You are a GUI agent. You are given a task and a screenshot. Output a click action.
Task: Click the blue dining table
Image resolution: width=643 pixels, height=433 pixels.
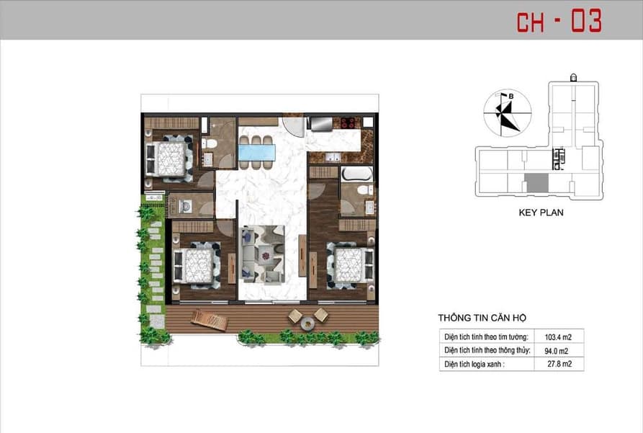click(x=257, y=152)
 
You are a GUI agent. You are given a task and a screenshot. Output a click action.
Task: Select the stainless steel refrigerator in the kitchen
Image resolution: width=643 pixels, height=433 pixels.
click(x=321, y=124)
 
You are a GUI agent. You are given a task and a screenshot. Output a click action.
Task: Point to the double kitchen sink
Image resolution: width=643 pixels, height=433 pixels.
click(x=332, y=157)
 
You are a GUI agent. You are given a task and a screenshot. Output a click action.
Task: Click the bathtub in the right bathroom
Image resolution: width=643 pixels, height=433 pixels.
click(x=356, y=174)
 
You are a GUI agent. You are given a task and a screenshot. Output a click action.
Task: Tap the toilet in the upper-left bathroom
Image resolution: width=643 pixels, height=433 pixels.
click(x=210, y=144)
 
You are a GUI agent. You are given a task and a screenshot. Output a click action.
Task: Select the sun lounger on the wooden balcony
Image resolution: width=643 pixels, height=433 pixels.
click(x=210, y=319)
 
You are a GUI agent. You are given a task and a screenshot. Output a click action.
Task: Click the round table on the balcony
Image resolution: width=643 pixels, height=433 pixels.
click(x=307, y=323)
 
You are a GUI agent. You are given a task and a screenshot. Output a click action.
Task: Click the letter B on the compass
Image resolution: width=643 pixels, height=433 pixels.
click(x=511, y=96)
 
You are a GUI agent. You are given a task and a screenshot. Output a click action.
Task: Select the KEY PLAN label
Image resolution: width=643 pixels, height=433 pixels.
click(x=541, y=213)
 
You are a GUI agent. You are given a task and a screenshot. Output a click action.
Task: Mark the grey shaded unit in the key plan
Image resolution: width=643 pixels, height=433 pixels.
click(x=536, y=183)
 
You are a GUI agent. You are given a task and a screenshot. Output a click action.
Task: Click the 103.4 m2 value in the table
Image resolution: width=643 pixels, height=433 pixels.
click(x=558, y=337)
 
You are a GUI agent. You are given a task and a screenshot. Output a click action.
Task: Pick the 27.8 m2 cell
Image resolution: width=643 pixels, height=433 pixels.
click(x=559, y=364)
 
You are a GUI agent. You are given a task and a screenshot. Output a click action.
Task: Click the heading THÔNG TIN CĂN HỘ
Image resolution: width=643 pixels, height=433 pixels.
click(x=482, y=318)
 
